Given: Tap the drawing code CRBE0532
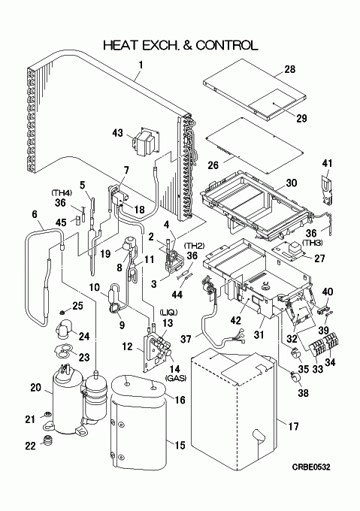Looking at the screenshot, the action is click(x=311, y=467).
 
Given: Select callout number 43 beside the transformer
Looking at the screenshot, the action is click(x=117, y=133).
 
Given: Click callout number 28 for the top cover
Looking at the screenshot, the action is click(x=289, y=69).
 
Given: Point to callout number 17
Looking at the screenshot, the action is click(x=293, y=426).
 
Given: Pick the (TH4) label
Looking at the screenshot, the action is click(x=61, y=192).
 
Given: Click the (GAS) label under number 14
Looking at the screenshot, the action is click(x=176, y=378).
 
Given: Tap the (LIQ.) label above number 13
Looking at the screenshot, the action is click(x=168, y=313).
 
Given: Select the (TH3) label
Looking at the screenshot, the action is click(x=312, y=243).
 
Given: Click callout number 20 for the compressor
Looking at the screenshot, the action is click(x=36, y=388).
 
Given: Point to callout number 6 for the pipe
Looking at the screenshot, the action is click(x=35, y=214).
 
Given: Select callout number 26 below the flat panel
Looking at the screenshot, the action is click(x=213, y=165).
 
